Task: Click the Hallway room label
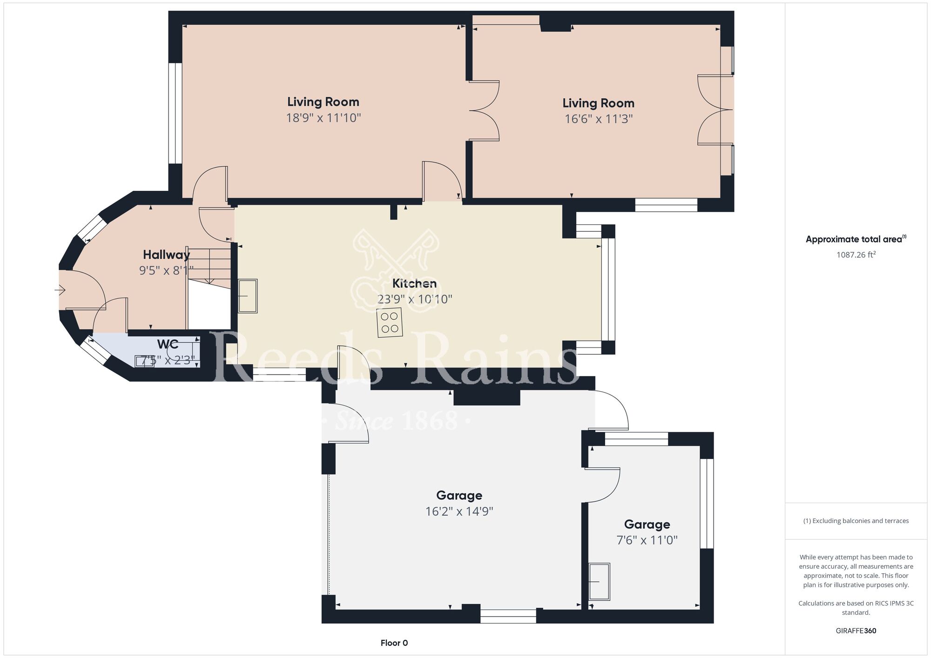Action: click(x=166, y=255)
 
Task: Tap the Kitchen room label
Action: click(x=414, y=283)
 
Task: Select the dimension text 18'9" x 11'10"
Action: click(x=324, y=118)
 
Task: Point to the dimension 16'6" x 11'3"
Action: click(x=599, y=119)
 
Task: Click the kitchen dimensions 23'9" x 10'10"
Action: click(x=415, y=299)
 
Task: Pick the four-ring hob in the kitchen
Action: click(x=390, y=322)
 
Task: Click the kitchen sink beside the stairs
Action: click(x=248, y=296)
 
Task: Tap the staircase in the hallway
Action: click(x=209, y=267)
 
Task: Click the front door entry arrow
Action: click(x=60, y=291)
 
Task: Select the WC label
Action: click(x=168, y=344)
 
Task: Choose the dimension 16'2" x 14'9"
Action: click(x=459, y=512)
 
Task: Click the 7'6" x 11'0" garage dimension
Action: click(x=647, y=540)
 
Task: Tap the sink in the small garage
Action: click(x=600, y=582)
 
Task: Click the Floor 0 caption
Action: click(x=394, y=643)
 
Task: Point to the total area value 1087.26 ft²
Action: click(x=856, y=255)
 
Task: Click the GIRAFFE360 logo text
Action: click(x=856, y=631)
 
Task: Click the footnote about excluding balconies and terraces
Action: click(x=856, y=521)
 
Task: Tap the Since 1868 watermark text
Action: click(x=397, y=421)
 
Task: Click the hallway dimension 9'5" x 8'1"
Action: click(x=166, y=270)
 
